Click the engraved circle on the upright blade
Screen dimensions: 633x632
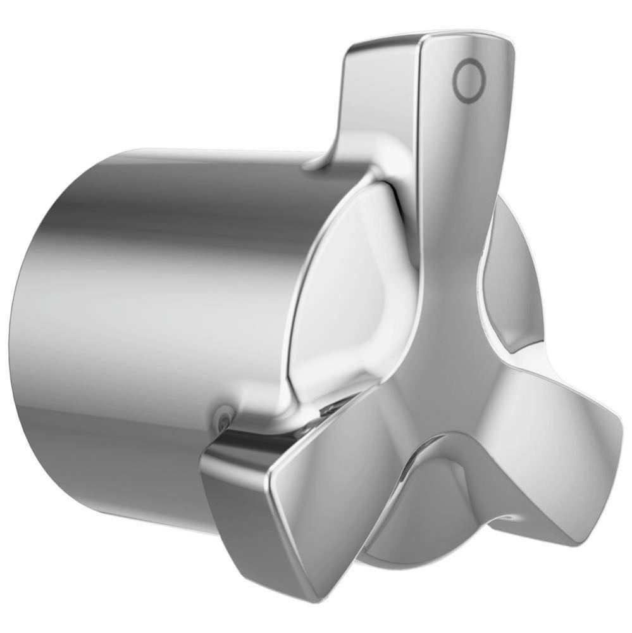(469, 80)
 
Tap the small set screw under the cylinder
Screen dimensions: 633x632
(222, 417)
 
